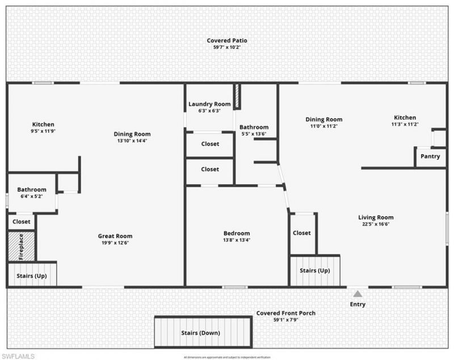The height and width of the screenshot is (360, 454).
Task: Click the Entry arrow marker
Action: [x=358, y=293]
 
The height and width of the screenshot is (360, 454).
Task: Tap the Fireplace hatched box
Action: [x=22, y=246]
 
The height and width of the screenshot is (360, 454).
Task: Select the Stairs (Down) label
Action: [x=200, y=333]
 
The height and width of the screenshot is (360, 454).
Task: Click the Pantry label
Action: [x=430, y=156]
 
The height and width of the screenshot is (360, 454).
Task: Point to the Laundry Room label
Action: [x=210, y=104]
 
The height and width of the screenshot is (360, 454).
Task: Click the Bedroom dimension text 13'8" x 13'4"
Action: [x=237, y=240]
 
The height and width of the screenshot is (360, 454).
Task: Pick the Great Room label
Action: [x=115, y=236]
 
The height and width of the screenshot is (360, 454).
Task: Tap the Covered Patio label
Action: [x=226, y=41]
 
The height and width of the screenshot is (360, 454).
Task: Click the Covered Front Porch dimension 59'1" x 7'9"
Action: [x=285, y=320]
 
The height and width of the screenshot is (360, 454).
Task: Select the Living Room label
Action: [x=376, y=217]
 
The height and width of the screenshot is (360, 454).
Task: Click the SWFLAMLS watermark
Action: [x=18, y=355]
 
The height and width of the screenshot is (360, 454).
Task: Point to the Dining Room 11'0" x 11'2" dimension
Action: [x=324, y=126]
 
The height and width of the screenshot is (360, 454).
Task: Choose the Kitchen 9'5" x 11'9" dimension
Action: [x=43, y=131]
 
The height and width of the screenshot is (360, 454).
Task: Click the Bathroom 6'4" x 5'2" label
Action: [x=31, y=190]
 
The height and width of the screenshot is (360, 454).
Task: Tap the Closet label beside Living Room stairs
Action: [x=301, y=232]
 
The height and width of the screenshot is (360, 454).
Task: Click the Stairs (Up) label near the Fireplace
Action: [x=31, y=276]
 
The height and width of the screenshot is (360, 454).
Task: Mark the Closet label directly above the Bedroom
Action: [x=210, y=169]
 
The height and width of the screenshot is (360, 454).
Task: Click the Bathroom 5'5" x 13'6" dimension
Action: [x=254, y=134]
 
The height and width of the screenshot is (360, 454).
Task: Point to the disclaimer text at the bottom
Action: [x=227, y=357]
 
